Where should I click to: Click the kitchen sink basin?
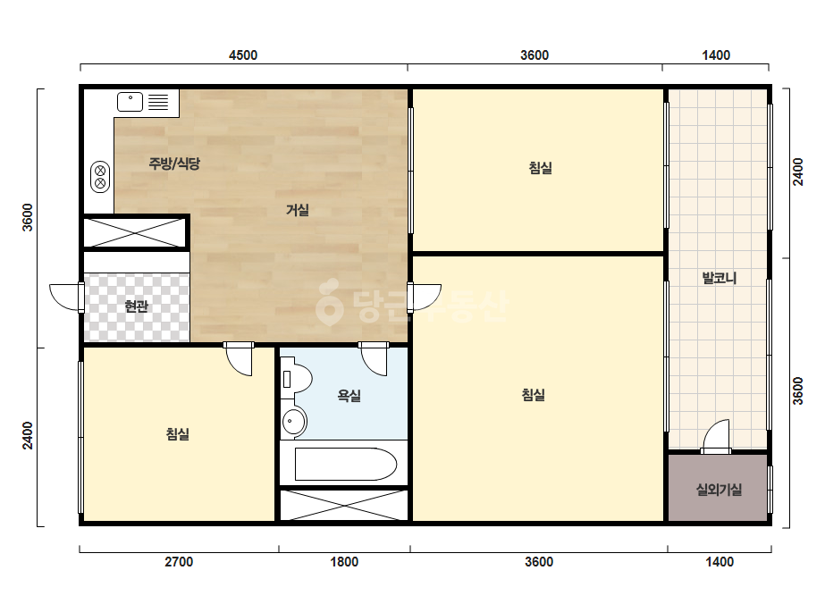click(x=130, y=102)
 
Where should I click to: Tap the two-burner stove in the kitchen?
click(x=100, y=177)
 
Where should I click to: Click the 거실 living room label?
click(x=298, y=210)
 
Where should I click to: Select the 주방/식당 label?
click(x=174, y=164)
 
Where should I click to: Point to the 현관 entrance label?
click(x=136, y=306)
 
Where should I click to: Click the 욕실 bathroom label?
click(x=349, y=396)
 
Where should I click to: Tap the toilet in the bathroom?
click(x=296, y=378)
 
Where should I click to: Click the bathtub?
click(x=345, y=464)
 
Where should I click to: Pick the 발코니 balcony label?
click(x=720, y=278)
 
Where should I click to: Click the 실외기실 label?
click(x=719, y=490)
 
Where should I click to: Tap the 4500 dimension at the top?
click(x=243, y=55)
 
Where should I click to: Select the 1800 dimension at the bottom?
click(x=344, y=562)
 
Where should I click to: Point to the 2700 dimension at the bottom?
click(x=179, y=562)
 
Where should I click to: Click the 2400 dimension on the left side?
click(x=28, y=436)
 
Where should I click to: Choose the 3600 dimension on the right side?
click(x=798, y=391)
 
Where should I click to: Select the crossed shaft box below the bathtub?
click(x=344, y=505)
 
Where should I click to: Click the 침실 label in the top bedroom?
click(x=541, y=168)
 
